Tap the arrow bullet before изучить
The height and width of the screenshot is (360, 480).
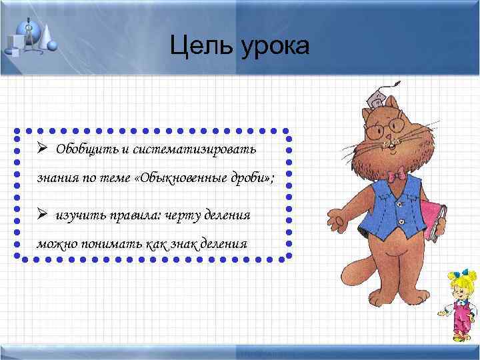(x=41, y=214)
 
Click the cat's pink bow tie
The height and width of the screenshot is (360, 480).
(x=398, y=175)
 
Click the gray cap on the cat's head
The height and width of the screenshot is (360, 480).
(x=378, y=98)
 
